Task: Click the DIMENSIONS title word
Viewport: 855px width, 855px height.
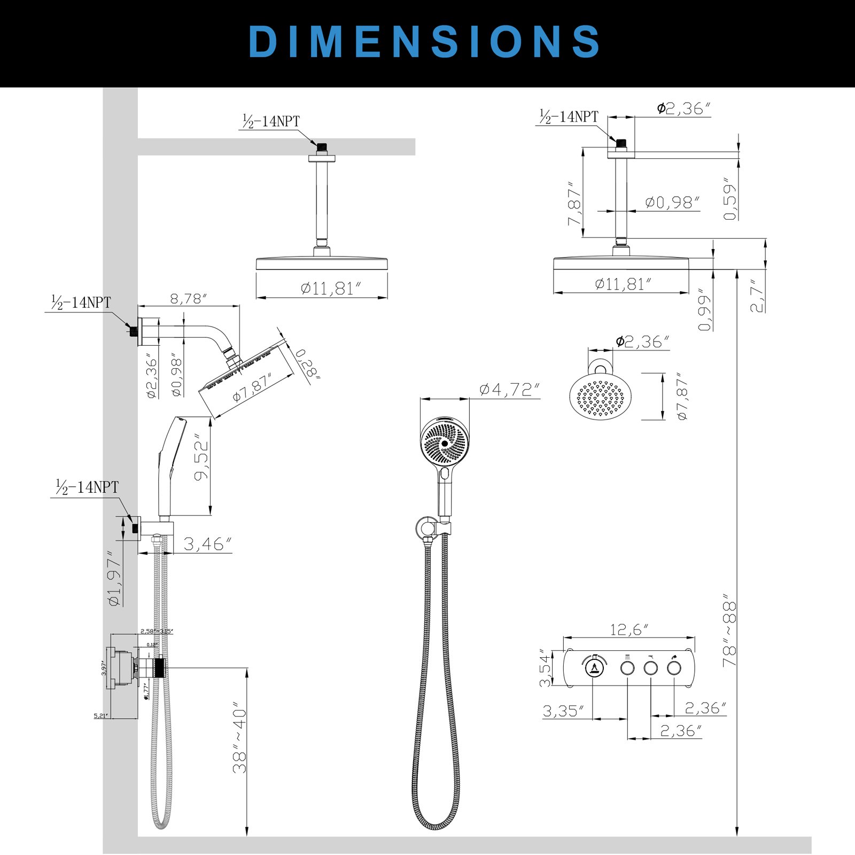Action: [425, 42]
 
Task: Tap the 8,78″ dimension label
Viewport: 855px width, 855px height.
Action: [188, 299]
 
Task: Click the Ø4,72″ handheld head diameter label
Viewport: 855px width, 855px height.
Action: [509, 390]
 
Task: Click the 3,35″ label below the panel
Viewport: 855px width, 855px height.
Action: [563, 711]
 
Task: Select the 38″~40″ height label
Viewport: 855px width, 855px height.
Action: [240, 740]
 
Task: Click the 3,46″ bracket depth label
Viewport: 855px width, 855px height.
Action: [207, 545]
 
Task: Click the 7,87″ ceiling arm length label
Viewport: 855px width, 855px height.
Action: [574, 205]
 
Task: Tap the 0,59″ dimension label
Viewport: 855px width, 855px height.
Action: [730, 199]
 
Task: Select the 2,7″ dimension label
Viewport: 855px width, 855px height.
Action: [757, 296]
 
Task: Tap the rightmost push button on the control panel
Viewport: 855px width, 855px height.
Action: [674, 668]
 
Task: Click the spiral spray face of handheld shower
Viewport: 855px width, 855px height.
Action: [444, 443]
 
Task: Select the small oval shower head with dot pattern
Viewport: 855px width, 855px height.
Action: [601, 397]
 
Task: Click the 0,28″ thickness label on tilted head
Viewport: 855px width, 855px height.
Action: [307, 364]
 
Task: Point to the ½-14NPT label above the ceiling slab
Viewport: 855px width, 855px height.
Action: [271, 121]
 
